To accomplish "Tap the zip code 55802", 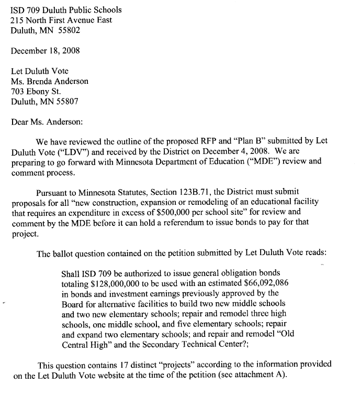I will click(x=73, y=30).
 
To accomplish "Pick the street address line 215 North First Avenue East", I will click(x=61, y=20).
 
